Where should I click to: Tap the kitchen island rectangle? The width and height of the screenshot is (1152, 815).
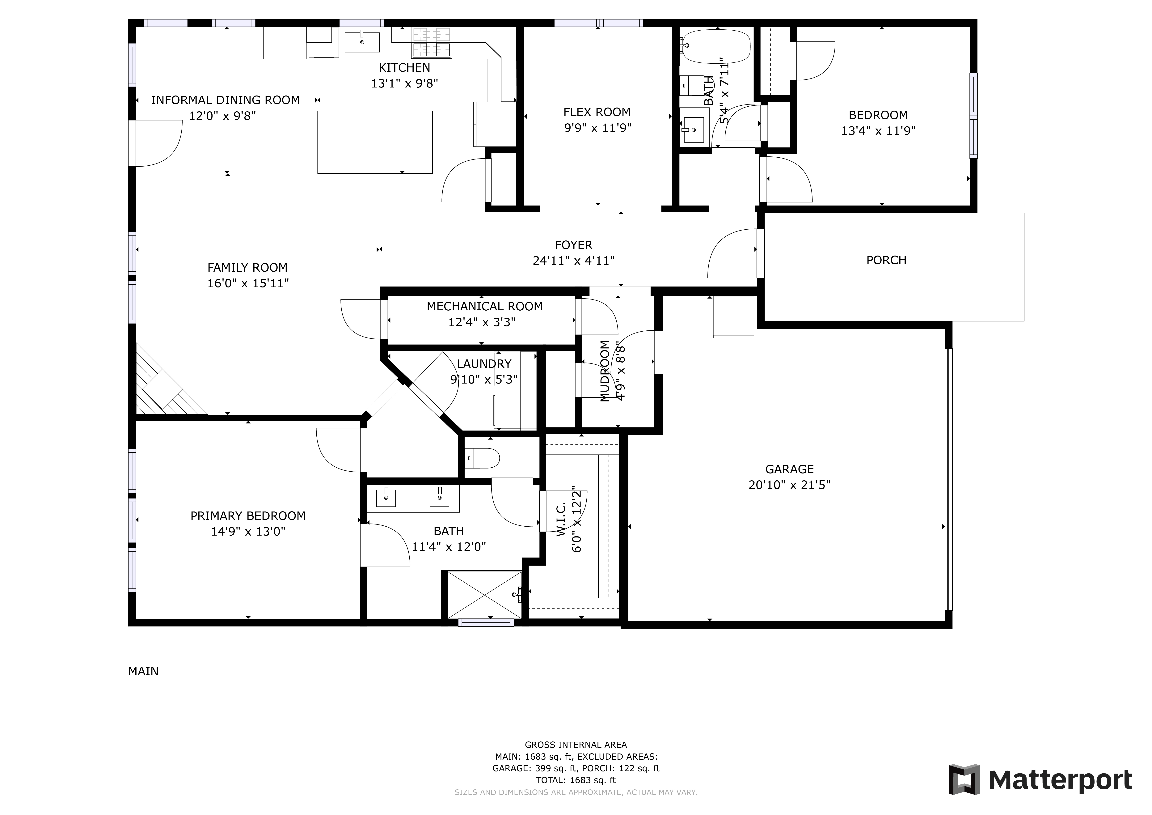pyautogui.click(x=375, y=142)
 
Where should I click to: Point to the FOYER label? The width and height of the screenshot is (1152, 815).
pyautogui.click(x=573, y=245)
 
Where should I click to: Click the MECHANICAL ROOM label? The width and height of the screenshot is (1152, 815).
pyautogui.click(x=485, y=306)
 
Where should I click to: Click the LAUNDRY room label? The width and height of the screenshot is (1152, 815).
pyautogui.click(x=484, y=364)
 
